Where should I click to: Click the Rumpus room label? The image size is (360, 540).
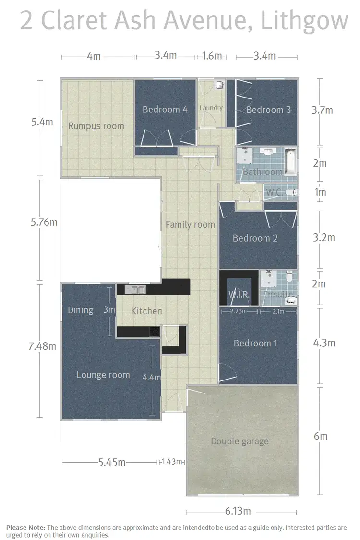tap(96, 126)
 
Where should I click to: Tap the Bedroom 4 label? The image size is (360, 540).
tap(165, 110)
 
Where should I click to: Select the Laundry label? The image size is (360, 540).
tap(211, 108)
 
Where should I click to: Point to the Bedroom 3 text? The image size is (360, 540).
tap(268, 110)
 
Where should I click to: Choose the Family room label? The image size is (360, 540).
tap(190, 224)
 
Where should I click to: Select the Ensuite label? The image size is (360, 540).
tap(277, 295)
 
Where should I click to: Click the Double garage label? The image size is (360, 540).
tap(240, 441)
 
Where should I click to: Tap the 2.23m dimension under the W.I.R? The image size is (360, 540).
tap(239, 311)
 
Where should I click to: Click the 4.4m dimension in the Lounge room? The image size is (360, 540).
tap(152, 378)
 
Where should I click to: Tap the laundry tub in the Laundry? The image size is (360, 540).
tap(219, 85)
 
